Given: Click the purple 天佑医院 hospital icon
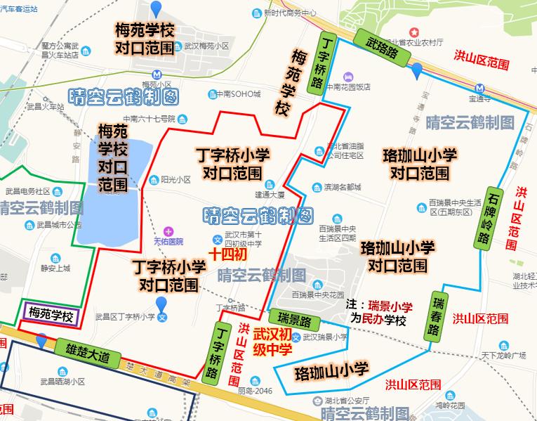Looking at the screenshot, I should [168, 231].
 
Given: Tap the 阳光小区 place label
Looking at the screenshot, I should [175, 180].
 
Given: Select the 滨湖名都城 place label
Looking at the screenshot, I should [346, 188].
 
